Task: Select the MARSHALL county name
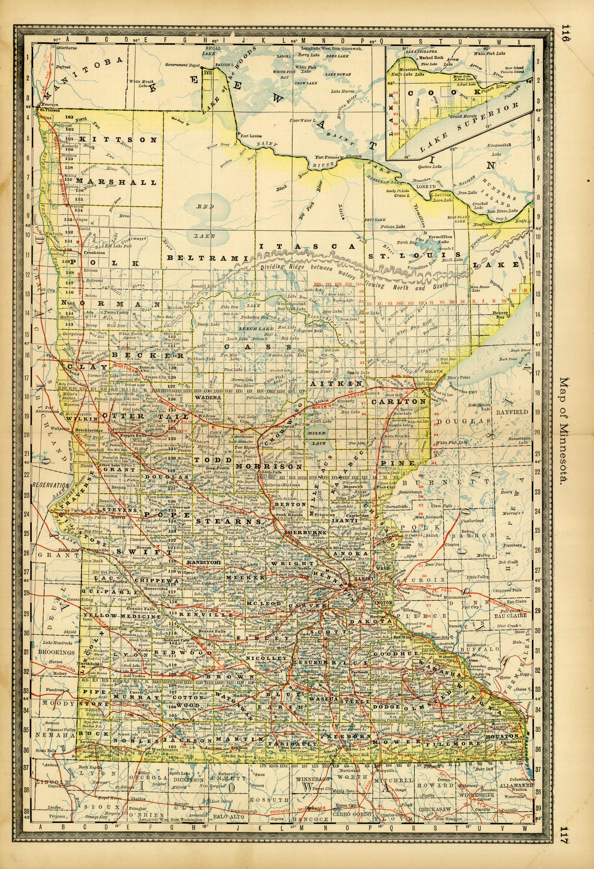click(x=117, y=182)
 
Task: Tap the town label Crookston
click(x=94, y=253)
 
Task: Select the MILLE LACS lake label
click(x=316, y=438)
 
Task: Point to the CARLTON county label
click(x=399, y=401)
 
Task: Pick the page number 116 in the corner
click(x=565, y=34)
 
